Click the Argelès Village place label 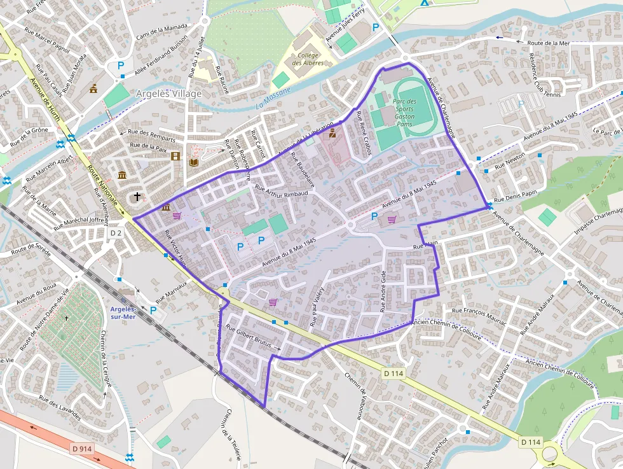[168, 94]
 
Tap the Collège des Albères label [308, 59]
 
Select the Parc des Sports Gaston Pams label [404, 113]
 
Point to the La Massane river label [274, 96]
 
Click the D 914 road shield [82, 449]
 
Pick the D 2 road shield [115, 234]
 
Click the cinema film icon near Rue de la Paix [175, 157]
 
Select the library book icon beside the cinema [194, 162]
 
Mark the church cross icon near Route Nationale [137, 197]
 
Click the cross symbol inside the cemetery [66, 318]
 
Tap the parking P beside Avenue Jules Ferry [375, 27]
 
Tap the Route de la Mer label [548, 43]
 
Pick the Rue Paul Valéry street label [317, 307]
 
